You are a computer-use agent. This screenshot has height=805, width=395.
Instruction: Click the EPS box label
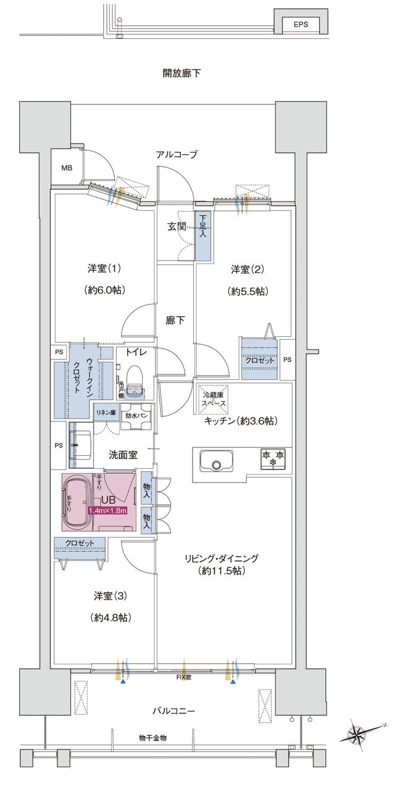[x=301, y=25]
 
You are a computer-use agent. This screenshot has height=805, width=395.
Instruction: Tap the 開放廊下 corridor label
[x=182, y=74]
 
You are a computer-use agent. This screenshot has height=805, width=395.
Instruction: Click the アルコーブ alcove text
[x=177, y=155]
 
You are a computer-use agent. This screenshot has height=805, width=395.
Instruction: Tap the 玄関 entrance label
[x=177, y=227]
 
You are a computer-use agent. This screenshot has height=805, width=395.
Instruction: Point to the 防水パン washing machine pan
[x=136, y=416]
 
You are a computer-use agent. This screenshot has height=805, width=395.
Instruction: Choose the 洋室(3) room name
[x=110, y=596]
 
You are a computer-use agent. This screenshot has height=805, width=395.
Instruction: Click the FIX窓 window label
[x=184, y=677]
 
